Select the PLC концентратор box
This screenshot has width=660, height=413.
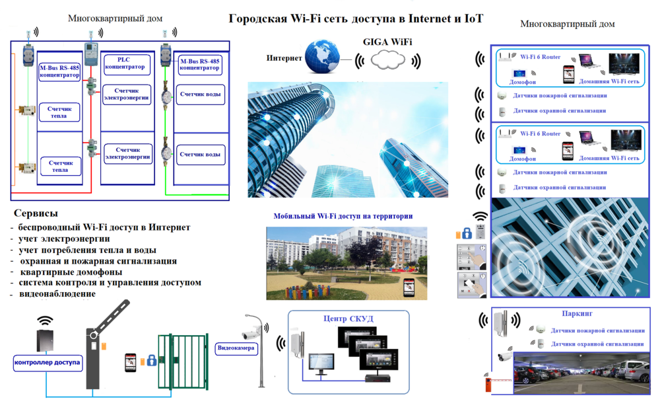tap(127, 63)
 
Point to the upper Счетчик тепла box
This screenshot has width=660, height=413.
tap(60, 112)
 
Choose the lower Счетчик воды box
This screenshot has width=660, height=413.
tap(201, 155)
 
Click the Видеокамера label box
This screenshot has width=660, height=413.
tap(238, 348)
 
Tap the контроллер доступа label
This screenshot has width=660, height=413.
tap(47, 362)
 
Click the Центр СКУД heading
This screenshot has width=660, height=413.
tap(348, 319)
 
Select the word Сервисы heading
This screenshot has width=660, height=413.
tap(36, 213)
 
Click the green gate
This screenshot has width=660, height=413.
tap(180, 363)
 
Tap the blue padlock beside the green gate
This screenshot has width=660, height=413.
tap(151, 361)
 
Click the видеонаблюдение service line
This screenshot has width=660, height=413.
tap(57, 293)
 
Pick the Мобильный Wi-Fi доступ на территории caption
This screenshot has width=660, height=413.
tap(343, 216)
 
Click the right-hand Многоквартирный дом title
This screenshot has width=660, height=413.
tap(567, 24)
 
